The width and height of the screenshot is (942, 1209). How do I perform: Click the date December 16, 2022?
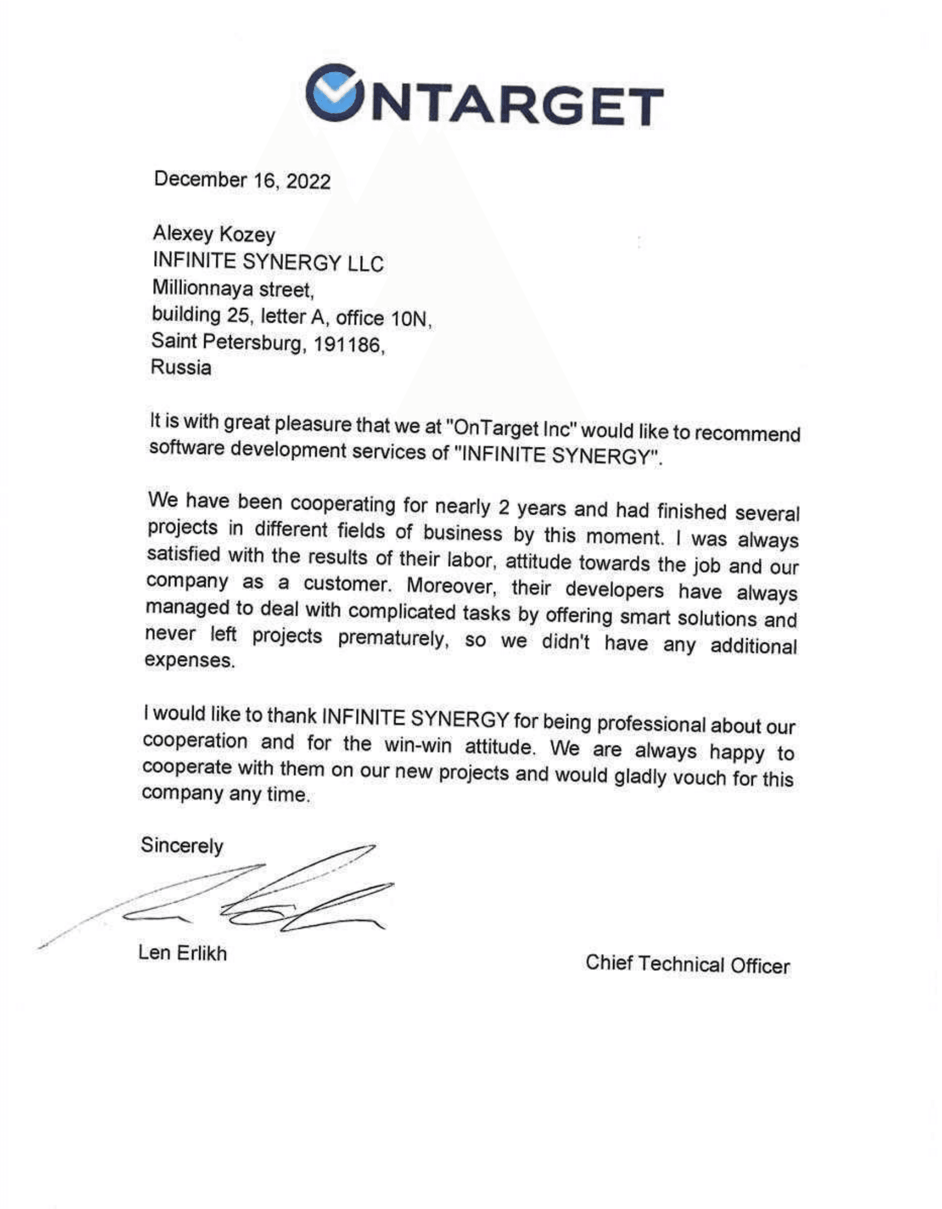pos(242,180)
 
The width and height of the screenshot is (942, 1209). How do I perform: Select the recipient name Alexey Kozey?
pos(214,234)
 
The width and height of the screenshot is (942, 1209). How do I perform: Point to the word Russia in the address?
pos(181,367)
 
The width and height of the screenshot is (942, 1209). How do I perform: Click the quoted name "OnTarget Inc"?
pos(510,429)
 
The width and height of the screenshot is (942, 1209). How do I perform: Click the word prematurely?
pos(392,638)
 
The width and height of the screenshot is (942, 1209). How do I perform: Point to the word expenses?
pos(189,661)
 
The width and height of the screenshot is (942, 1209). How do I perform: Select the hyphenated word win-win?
pos(418,745)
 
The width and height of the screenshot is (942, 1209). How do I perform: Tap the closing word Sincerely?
pos(182,845)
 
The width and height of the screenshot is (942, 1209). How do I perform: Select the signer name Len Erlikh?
pos(183,953)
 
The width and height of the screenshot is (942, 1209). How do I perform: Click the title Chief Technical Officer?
pos(687,965)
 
